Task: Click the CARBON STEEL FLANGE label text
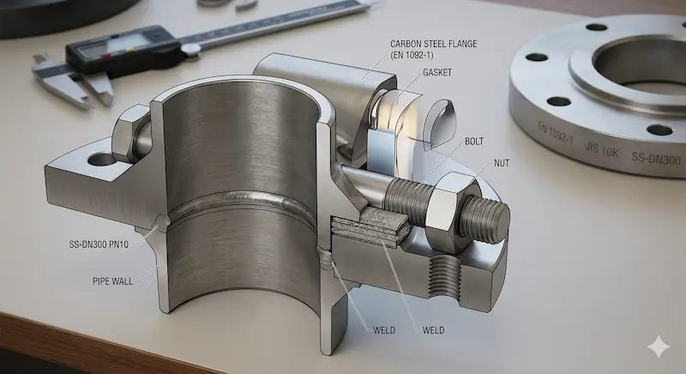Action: tap(434, 44)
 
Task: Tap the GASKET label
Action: tap(437, 73)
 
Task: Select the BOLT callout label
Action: tap(474, 142)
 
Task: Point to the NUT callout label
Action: tap(502, 163)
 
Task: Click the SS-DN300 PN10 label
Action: tap(99, 244)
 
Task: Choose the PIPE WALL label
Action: tap(113, 281)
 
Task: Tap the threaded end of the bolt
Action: tap(485, 219)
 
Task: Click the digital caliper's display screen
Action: tap(113, 46)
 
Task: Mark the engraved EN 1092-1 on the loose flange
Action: tap(555, 134)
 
